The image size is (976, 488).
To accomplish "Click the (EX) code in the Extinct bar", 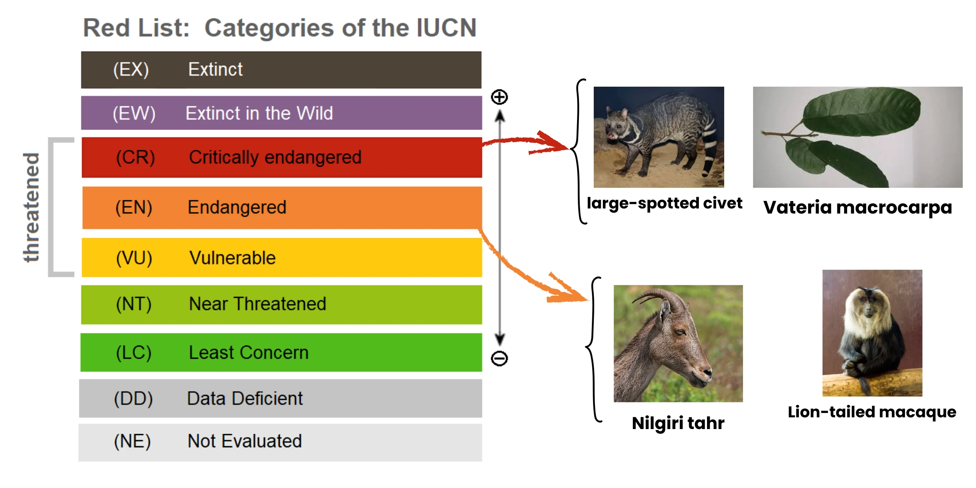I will click(131, 70).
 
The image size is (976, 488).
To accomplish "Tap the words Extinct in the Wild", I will click(259, 114).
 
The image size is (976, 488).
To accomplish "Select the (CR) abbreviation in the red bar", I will click(135, 158).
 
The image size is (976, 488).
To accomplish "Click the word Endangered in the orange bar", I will click(237, 207).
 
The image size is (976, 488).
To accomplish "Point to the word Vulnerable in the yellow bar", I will click(232, 258).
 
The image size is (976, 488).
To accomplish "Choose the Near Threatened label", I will click(257, 304).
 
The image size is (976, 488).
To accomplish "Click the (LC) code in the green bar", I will click(134, 353).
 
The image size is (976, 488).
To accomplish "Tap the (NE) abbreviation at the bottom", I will click(132, 442).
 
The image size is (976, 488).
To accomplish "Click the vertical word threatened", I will click(31, 207).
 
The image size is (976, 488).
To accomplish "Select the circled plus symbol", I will click(499, 97).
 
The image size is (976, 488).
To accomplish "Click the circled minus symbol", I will click(499, 358).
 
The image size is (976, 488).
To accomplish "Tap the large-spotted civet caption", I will click(664, 203).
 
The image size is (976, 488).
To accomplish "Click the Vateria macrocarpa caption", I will click(857, 207).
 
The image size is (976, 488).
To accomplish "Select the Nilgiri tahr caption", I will click(678, 423).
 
